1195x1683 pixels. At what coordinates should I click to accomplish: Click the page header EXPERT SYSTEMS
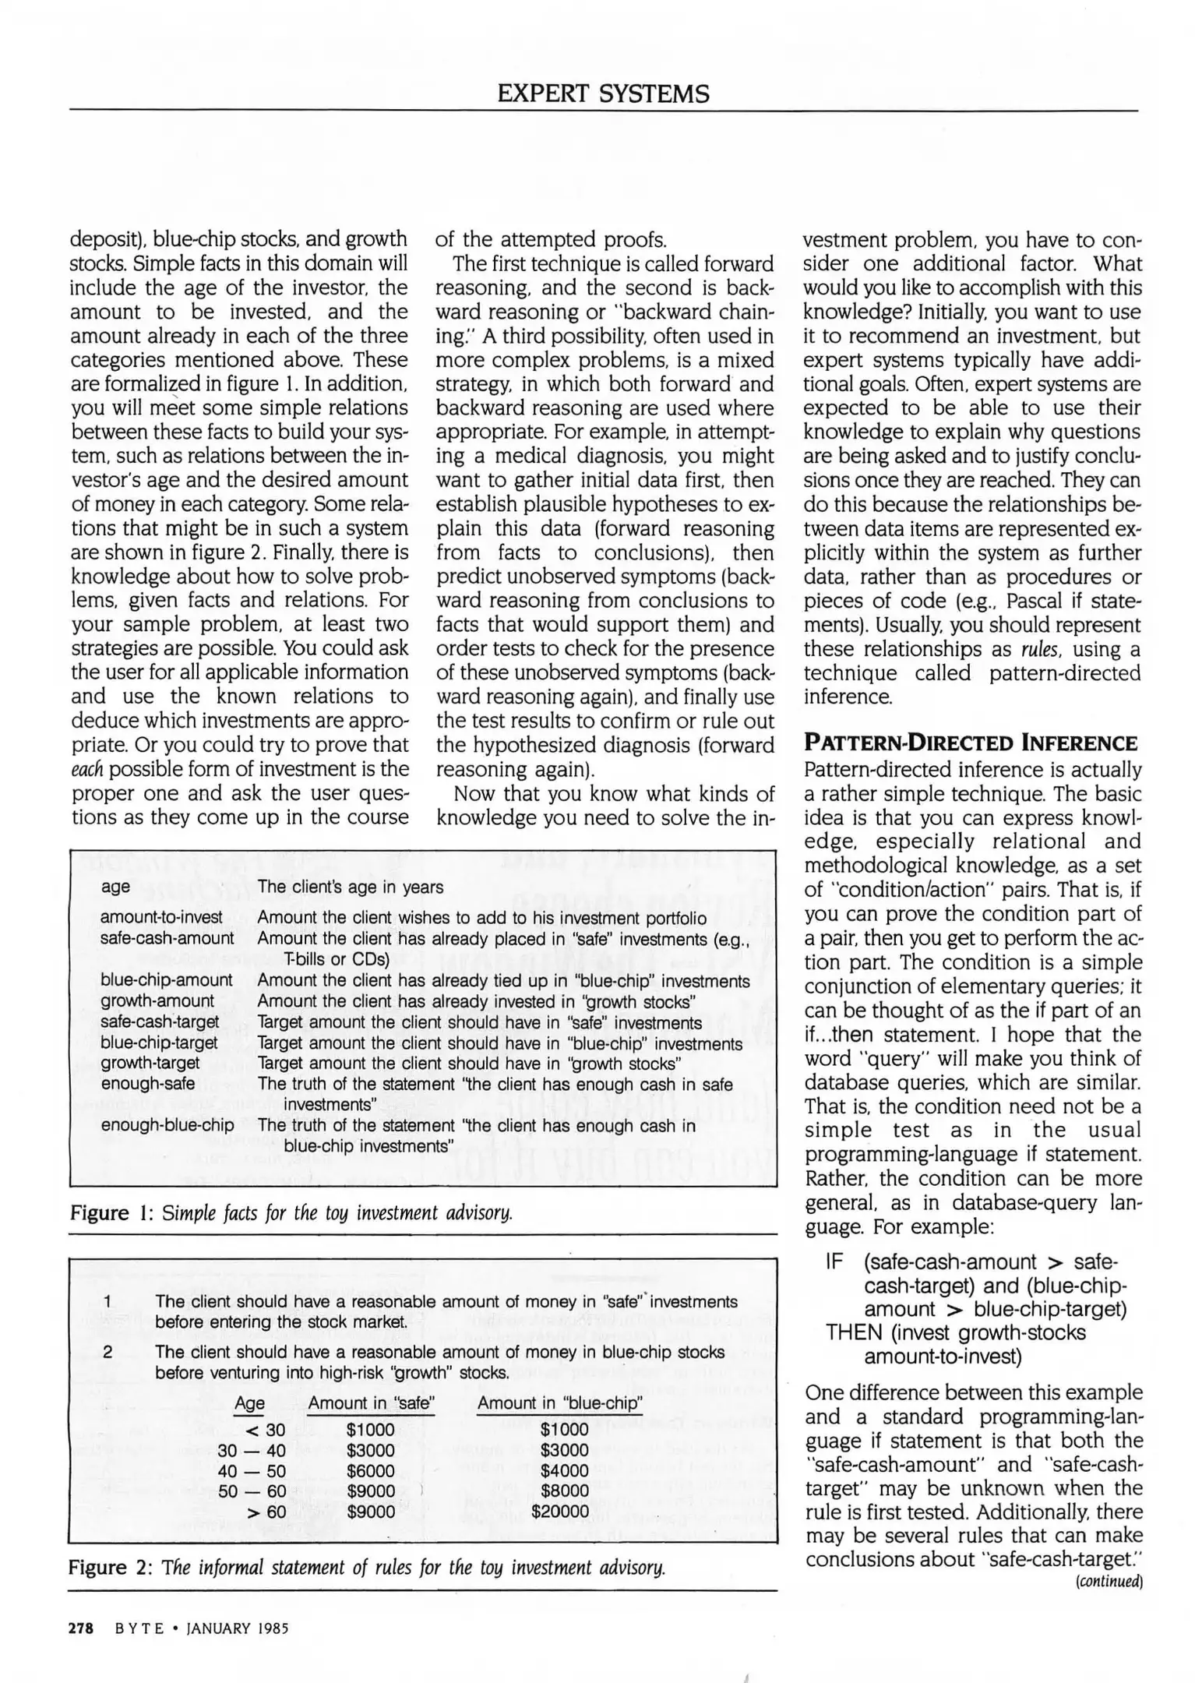tap(603, 93)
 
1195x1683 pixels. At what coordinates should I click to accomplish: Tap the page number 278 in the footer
tap(81, 1628)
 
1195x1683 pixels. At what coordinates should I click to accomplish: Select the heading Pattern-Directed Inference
tap(971, 743)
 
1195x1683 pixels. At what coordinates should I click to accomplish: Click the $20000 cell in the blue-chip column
tap(560, 1512)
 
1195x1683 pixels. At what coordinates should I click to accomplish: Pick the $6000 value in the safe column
tap(371, 1471)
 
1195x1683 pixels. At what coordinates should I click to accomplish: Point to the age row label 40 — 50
tap(252, 1471)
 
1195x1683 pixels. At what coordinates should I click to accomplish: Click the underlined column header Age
tap(249, 1403)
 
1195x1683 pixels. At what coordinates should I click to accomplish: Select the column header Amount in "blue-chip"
tap(559, 1403)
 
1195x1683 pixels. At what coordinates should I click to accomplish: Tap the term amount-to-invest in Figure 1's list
tap(161, 918)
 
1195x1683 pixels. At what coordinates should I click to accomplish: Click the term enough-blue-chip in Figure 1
tap(167, 1125)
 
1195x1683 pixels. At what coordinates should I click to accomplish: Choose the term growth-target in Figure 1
tap(150, 1063)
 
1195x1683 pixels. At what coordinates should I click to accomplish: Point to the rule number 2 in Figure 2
tap(107, 1352)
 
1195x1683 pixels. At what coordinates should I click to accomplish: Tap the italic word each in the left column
tap(87, 769)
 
